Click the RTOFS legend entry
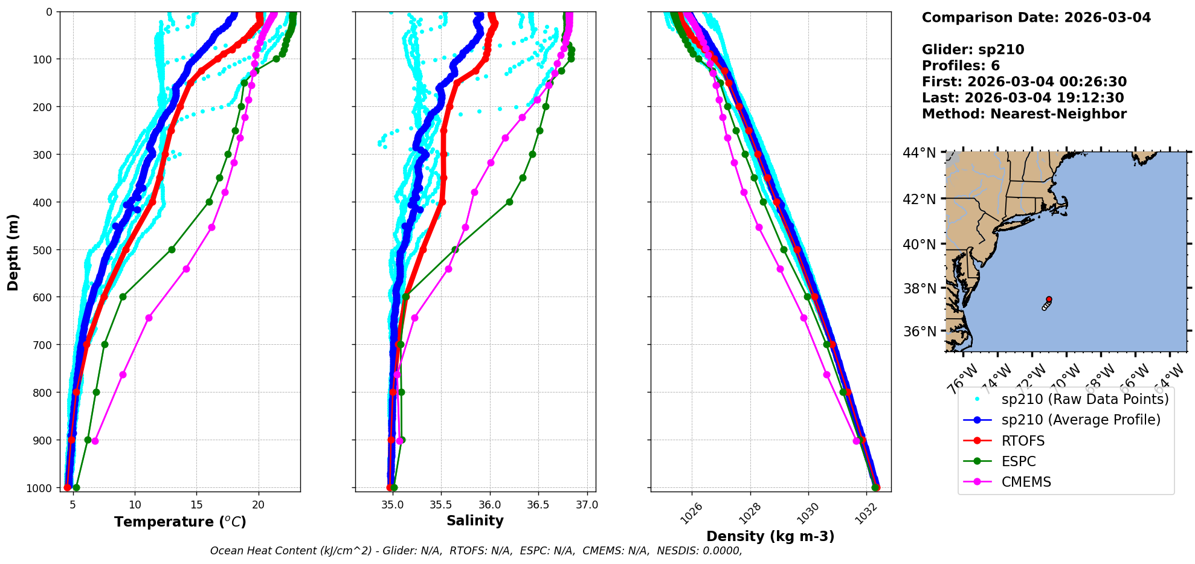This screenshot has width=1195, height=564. click(1023, 441)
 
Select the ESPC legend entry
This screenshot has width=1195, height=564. click(1019, 461)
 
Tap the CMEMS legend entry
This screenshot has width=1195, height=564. click(1026, 482)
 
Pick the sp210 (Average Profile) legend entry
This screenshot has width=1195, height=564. click(1081, 420)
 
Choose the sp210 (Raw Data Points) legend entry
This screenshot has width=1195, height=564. click(1085, 399)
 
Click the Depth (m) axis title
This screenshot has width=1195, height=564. click(13, 252)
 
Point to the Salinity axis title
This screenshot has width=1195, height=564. click(475, 521)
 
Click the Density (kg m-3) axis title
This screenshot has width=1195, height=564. click(770, 536)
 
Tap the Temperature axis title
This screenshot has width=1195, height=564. click(180, 522)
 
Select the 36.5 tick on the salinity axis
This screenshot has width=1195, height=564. click(538, 505)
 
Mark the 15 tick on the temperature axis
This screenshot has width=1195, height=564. click(196, 505)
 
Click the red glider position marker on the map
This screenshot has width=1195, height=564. click(1049, 300)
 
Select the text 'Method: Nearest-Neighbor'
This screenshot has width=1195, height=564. click(1024, 114)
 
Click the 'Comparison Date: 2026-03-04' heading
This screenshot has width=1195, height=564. click(1036, 18)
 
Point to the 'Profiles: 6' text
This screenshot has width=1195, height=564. click(961, 66)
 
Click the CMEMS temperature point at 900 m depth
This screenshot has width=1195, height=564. click(95, 441)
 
